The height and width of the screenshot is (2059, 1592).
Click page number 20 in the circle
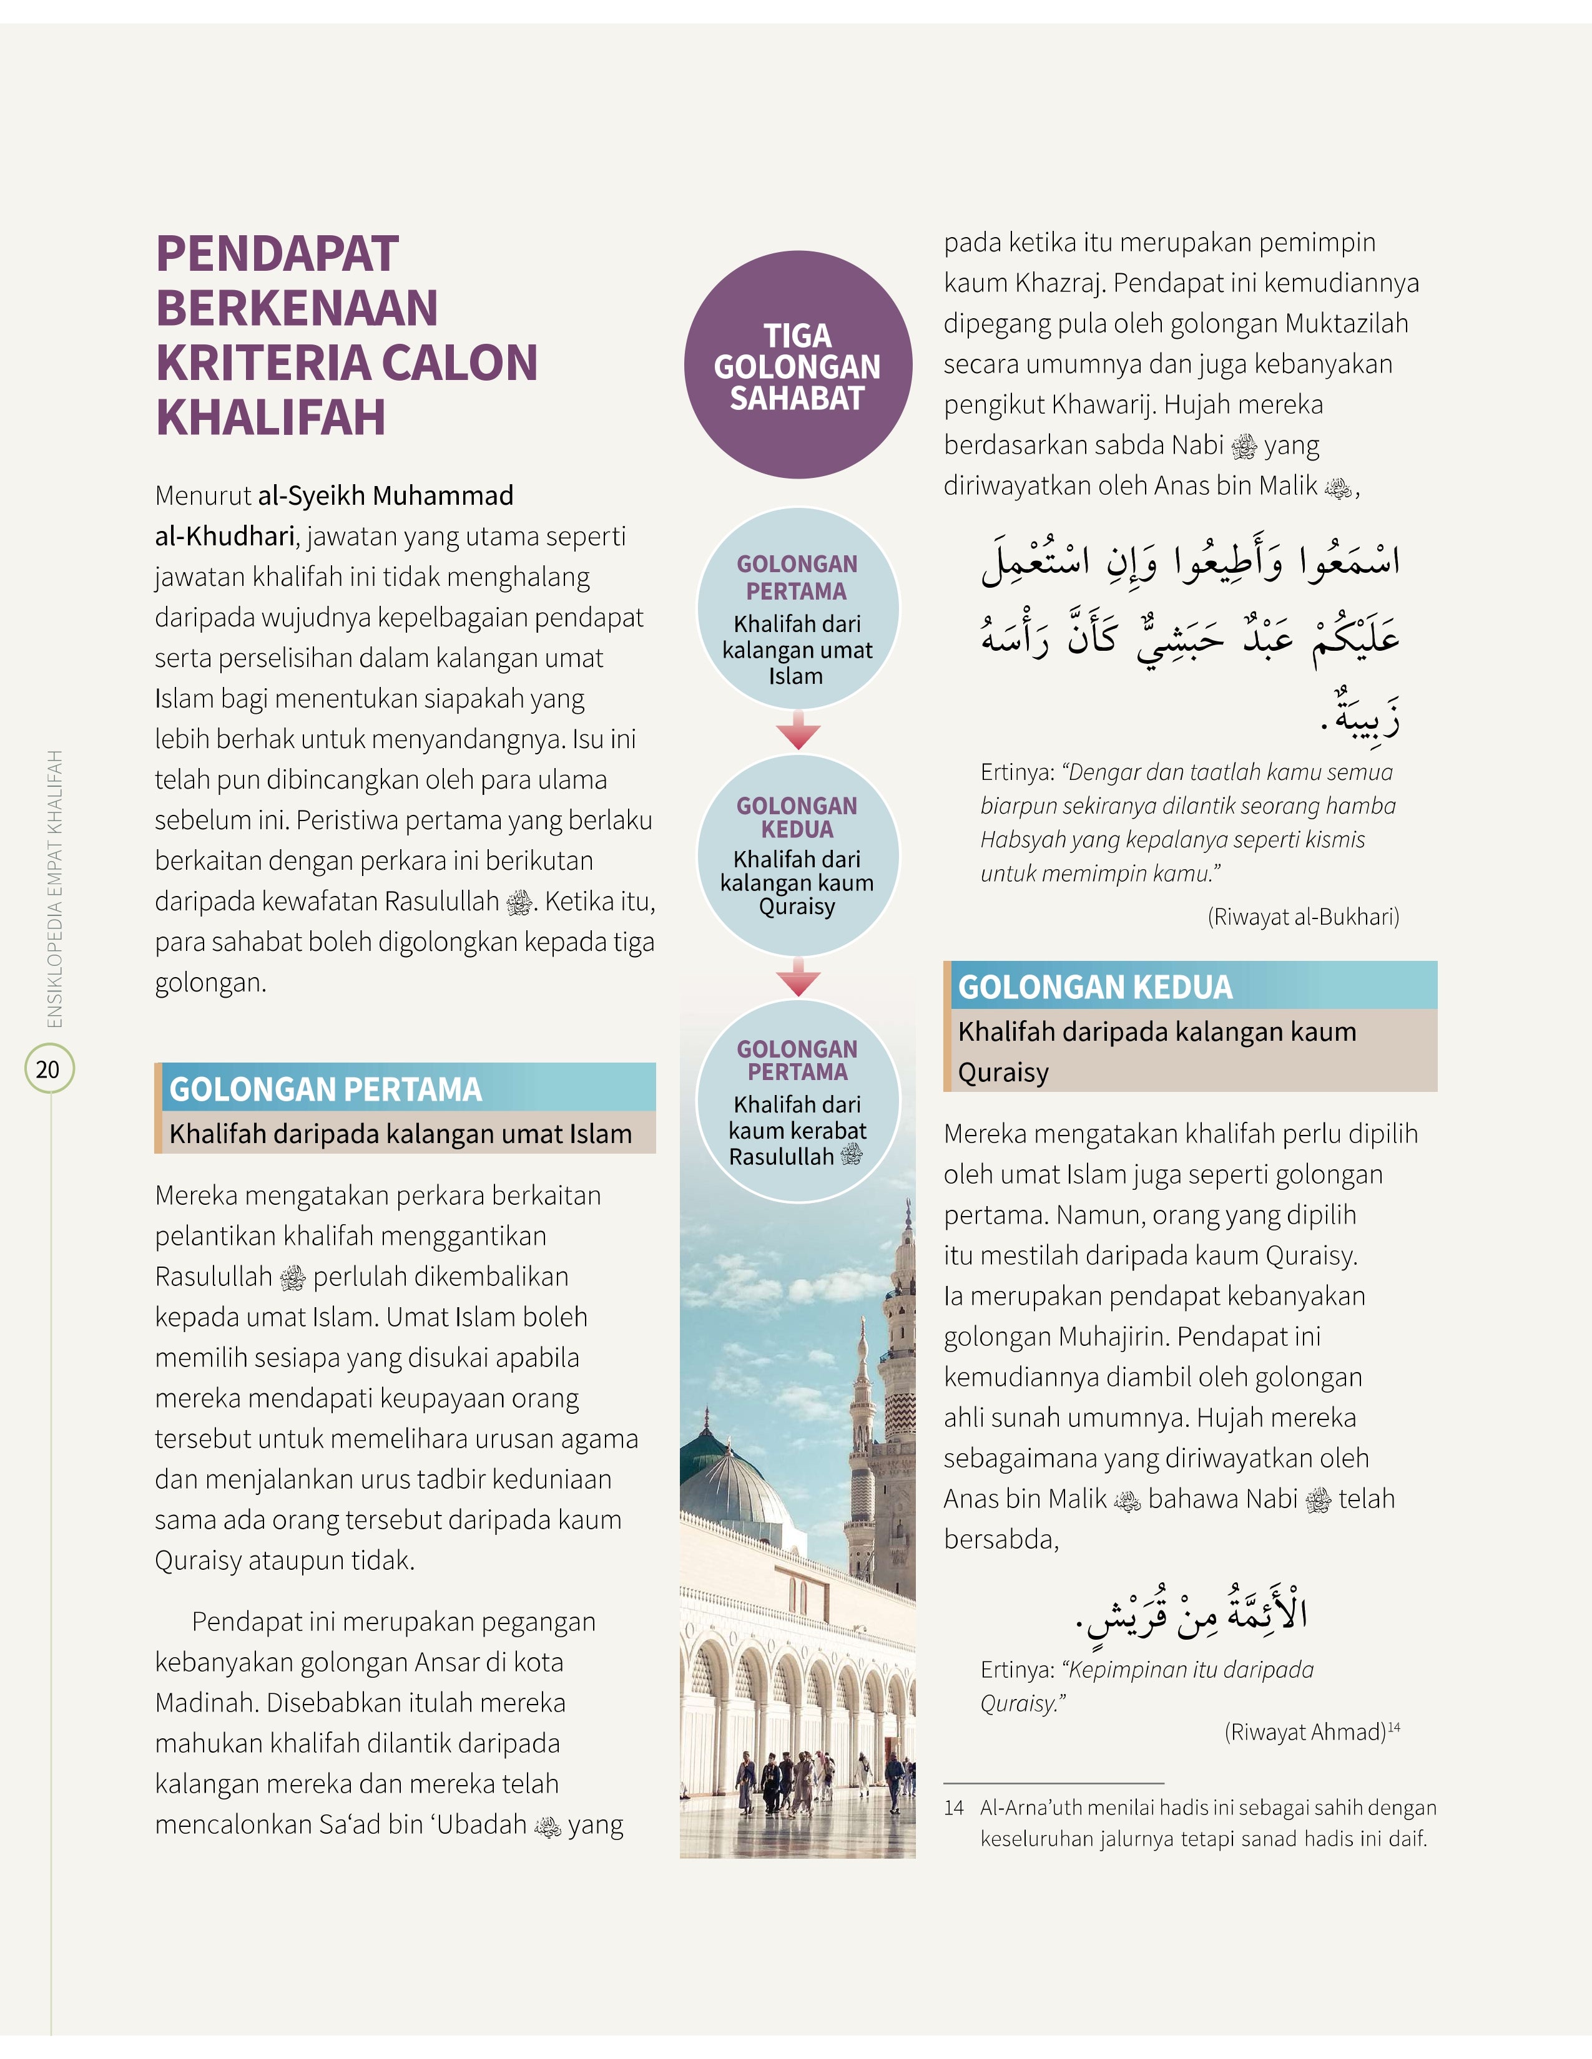[x=48, y=1069]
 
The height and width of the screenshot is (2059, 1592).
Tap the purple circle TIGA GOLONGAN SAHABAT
[x=797, y=366]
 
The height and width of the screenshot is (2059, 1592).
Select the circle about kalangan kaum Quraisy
[x=797, y=856]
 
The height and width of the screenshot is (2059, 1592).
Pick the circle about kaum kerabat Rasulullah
[x=797, y=1101]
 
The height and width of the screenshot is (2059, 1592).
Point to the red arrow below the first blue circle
[x=798, y=733]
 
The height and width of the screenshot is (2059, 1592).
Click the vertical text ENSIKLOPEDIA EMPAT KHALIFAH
[x=55, y=888]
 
